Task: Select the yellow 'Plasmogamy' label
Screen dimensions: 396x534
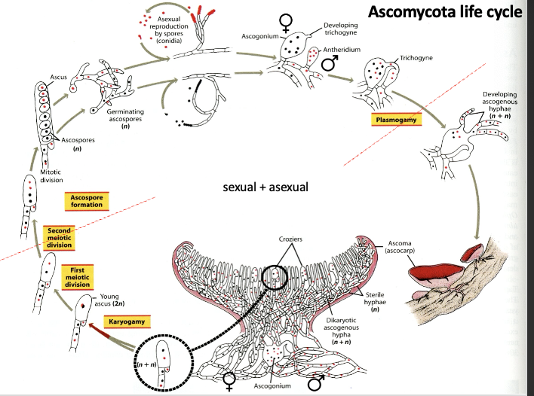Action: [397, 120]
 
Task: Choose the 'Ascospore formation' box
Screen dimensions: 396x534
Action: [87, 201]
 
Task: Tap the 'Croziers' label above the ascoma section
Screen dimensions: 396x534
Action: [290, 239]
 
